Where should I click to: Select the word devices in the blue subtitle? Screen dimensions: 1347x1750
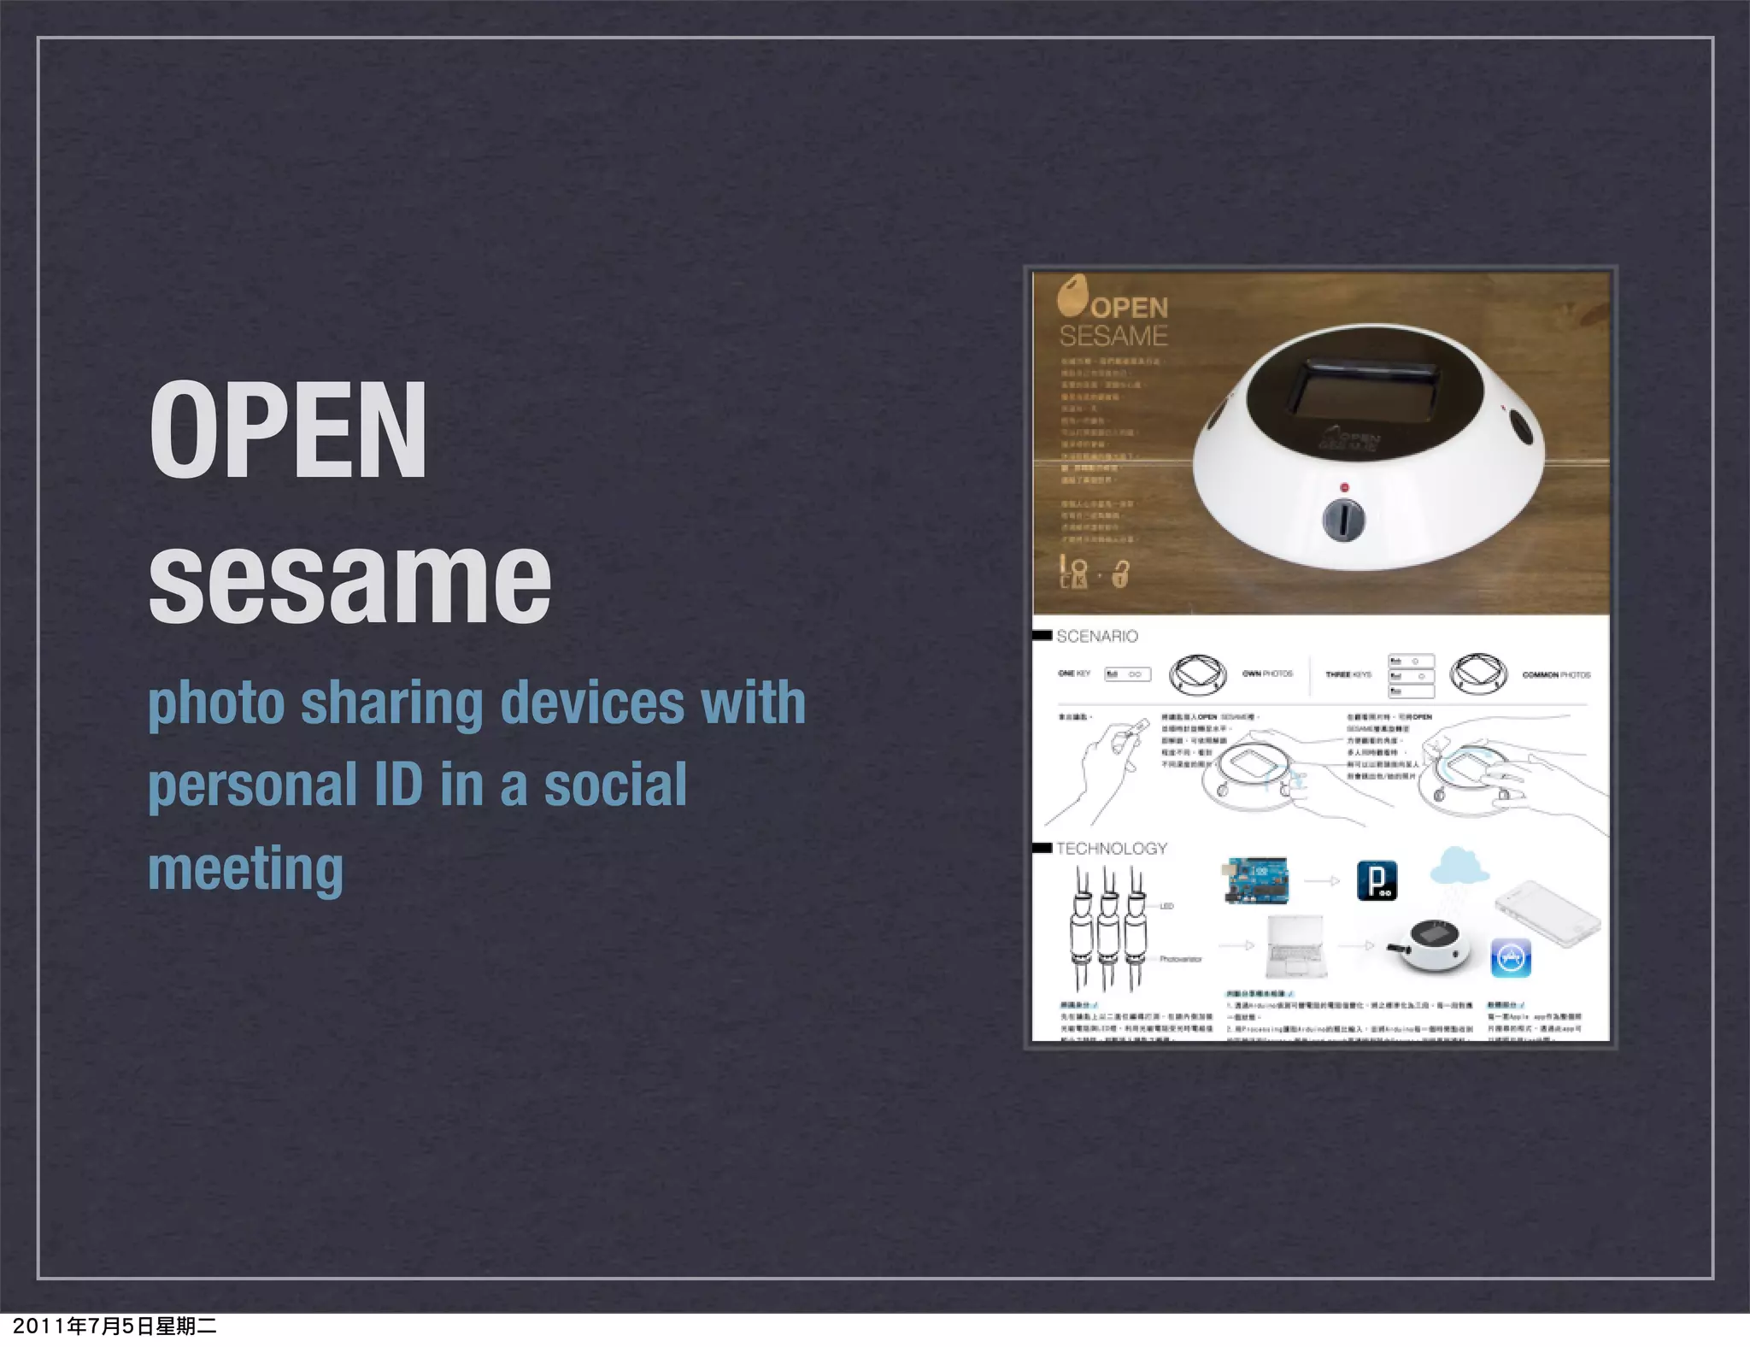click(x=592, y=703)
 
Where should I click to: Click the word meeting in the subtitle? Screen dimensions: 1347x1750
click(x=246, y=868)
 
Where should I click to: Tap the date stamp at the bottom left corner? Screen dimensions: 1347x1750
click(x=115, y=1326)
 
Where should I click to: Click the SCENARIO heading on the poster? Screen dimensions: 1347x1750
click(x=1096, y=636)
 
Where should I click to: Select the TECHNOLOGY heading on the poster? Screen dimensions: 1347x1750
click(x=1111, y=848)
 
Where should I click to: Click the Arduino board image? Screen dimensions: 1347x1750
click(x=1256, y=880)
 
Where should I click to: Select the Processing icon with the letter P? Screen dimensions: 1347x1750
click(x=1377, y=881)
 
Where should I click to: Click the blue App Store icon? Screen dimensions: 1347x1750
click(x=1510, y=958)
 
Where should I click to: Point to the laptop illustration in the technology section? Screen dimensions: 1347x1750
click(x=1296, y=945)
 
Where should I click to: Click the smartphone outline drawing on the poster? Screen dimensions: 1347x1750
click(x=1548, y=915)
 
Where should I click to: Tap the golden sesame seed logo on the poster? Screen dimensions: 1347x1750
click(x=1072, y=294)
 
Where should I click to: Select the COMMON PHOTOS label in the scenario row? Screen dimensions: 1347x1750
click(x=1556, y=675)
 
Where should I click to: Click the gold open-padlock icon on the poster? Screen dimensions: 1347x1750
click(x=1121, y=574)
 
